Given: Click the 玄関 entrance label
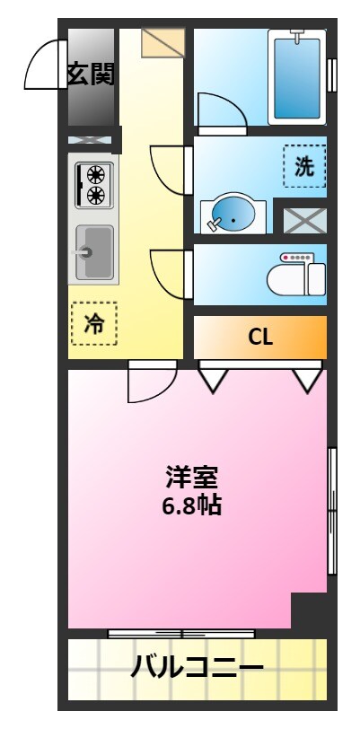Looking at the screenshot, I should tap(92, 75).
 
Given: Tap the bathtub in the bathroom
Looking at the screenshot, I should tap(296, 76).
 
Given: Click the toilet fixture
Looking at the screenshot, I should tap(297, 275).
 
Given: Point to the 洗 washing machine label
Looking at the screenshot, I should tap(304, 166).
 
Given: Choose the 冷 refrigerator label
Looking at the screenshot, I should tap(94, 324).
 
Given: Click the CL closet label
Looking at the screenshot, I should tap(260, 338).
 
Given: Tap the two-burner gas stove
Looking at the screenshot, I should tap(92, 183).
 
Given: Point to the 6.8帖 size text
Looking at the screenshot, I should tap(191, 505).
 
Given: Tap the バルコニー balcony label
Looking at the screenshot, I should tap(198, 667).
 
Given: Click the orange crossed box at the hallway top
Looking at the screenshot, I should tap(162, 43).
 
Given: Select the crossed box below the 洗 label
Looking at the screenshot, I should tap(304, 220).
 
